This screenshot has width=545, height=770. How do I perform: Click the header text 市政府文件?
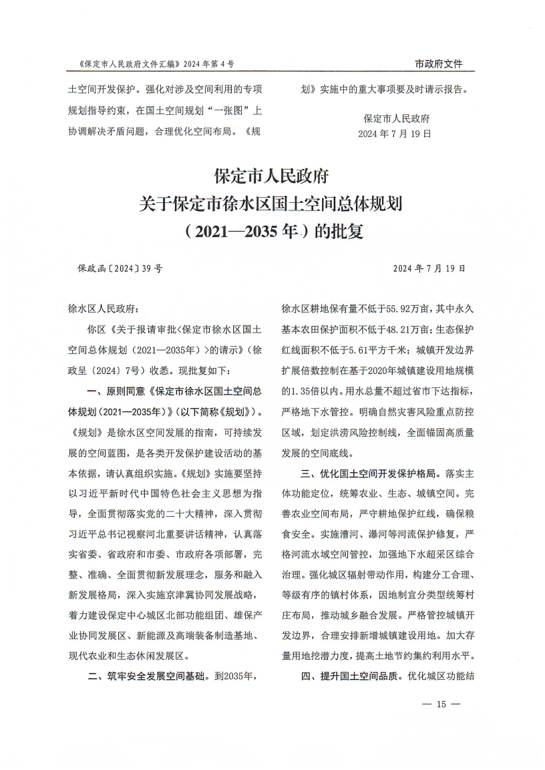pyautogui.click(x=438, y=64)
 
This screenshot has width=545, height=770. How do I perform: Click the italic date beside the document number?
pyautogui.click(x=429, y=268)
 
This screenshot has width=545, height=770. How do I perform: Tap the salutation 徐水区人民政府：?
pyautogui.click(x=104, y=309)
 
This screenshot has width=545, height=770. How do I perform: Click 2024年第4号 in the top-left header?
pyautogui.click(x=206, y=64)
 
